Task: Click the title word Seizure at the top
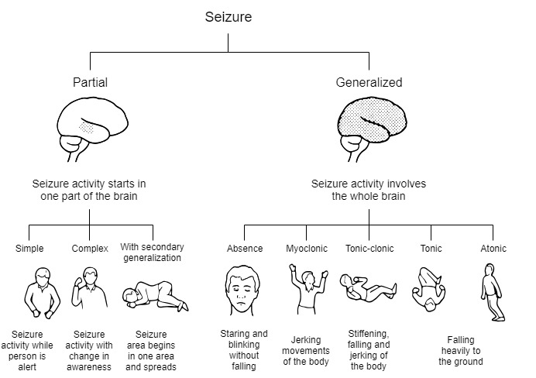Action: pos(228,16)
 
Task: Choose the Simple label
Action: pos(29,249)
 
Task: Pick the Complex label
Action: pos(90,249)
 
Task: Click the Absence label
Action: pos(245,249)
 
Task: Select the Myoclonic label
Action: pos(306,249)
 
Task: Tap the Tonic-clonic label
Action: pos(369,249)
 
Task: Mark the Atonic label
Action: pos(493,249)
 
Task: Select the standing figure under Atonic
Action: pos(492,293)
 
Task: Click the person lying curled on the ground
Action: pos(155,294)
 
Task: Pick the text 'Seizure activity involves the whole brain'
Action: pos(369,190)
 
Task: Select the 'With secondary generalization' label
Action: pos(151,253)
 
